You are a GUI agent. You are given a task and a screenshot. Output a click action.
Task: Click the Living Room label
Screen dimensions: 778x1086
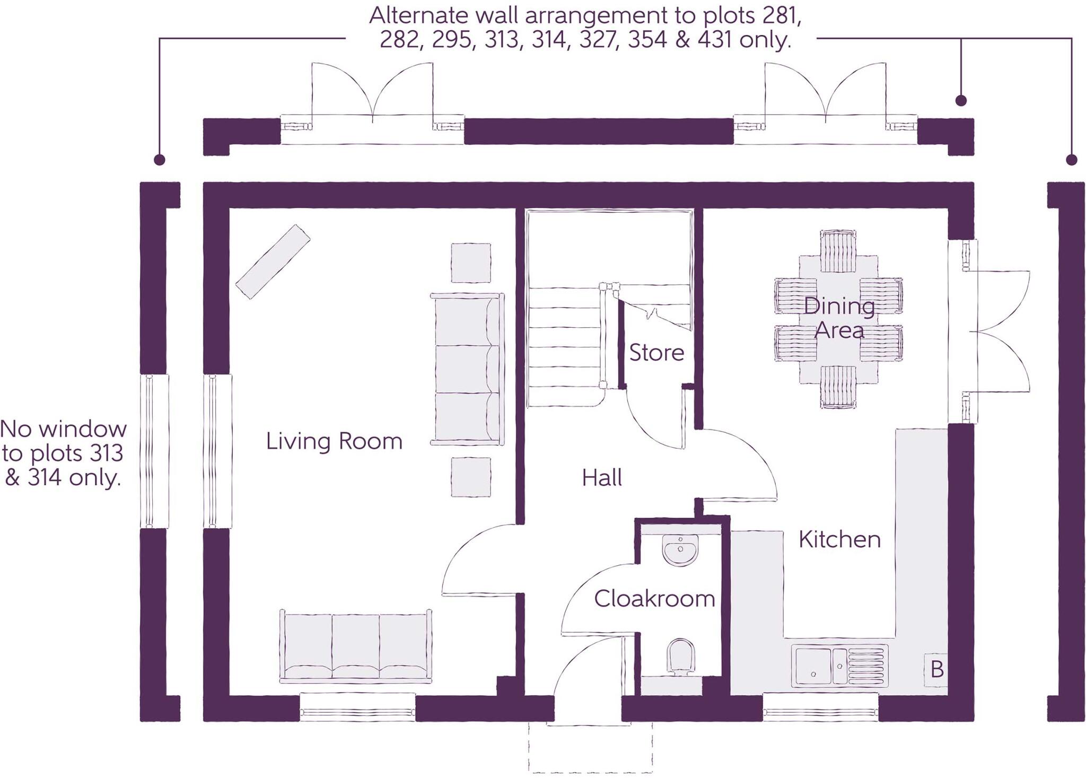click(x=334, y=441)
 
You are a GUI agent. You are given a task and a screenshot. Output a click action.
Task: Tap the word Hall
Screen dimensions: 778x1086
click(x=602, y=478)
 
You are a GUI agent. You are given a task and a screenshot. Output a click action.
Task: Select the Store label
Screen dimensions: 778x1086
click(x=656, y=353)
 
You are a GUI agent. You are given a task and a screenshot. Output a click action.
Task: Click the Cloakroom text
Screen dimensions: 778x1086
click(x=654, y=599)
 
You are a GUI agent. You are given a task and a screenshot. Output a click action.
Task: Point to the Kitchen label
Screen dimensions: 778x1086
click(x=839, y=540)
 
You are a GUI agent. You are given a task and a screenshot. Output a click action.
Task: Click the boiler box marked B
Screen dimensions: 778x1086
click(x=936, y=670)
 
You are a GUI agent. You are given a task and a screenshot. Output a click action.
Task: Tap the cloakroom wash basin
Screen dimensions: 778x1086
click(x=681, y=550)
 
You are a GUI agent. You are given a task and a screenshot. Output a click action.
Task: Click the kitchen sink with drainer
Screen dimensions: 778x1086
click(x=839, y=666)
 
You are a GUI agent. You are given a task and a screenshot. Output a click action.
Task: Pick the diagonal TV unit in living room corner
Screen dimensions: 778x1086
click(x=273, y=261)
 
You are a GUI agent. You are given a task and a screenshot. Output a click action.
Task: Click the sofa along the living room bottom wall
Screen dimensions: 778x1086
click(x=355, y=646)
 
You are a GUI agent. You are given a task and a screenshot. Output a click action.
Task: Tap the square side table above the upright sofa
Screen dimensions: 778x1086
click(x=471, y=263)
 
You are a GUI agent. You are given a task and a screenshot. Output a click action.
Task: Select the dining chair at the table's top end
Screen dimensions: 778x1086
click(x=838, y=250)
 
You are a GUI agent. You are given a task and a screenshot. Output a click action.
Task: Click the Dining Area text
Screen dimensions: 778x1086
click(x=839, y=318)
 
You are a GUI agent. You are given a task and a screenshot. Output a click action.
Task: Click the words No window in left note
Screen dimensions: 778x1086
click(x=64, y=429)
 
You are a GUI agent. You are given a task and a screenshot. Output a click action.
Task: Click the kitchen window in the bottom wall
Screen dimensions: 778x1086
click(x=821, y=707)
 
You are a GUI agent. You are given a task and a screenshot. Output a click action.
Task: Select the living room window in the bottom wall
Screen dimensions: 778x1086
click(x=357, y=707)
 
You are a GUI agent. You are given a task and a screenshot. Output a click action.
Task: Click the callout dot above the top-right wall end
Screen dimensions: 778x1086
click(x=961, y=100)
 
